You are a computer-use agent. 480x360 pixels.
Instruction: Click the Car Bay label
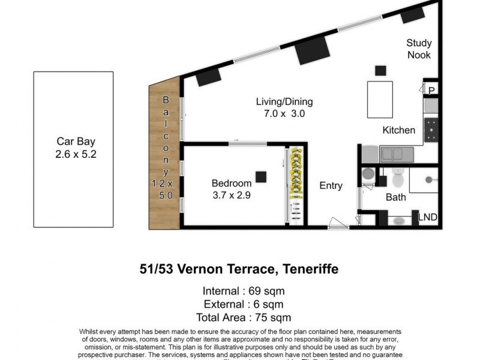point(76,142)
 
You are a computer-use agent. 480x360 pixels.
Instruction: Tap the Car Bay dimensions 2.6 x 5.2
point(76,154)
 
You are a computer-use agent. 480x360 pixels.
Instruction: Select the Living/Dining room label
point(284,101)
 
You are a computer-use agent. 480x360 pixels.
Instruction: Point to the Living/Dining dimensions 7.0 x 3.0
point(284,113)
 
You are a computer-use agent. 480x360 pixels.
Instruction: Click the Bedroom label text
point(231,183)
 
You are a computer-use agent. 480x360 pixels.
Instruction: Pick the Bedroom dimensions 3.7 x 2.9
point(231,195)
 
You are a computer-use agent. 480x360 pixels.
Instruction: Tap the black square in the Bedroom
point(260,176)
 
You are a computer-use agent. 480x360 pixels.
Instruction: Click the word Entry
point(331,185)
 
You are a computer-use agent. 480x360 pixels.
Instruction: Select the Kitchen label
point(399,130)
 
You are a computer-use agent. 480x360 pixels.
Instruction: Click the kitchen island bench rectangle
point(380,99)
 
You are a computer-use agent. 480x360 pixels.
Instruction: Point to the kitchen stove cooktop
point(431,130)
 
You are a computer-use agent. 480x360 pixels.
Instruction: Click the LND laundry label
point(427,217)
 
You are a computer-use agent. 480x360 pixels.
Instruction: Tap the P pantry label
point(431,90)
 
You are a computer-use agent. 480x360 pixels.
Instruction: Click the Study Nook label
point(418,49)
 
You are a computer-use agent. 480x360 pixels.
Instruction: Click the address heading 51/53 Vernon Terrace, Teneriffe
point(239,269)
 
